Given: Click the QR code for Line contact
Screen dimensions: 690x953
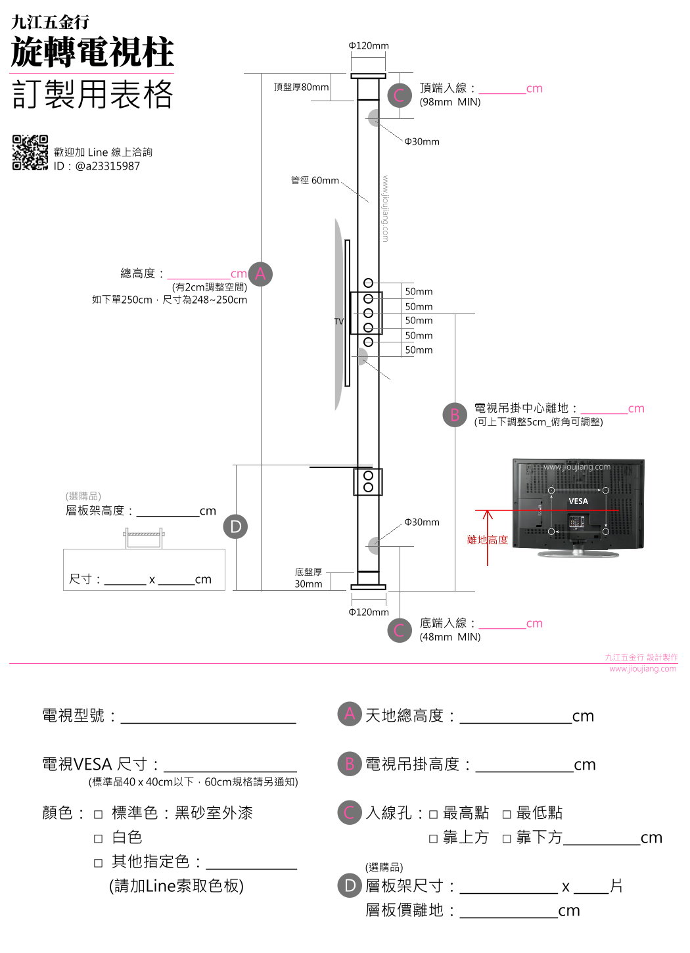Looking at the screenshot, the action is (x=30, y=152).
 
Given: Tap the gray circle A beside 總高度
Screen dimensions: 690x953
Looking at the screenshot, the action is (x=260, y=274).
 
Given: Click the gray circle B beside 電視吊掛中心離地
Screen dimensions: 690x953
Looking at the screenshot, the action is (x=455, y=415).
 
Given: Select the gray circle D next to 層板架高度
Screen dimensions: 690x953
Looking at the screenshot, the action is (x=235, y=526).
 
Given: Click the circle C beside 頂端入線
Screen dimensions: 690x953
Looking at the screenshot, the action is (x=400, y=95).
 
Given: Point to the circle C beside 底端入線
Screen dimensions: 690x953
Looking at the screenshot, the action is (x=400, y=630).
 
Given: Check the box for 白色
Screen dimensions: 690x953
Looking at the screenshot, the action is (x=98, y=839).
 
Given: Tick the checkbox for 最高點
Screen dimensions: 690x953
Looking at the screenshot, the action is (x=433, y=814).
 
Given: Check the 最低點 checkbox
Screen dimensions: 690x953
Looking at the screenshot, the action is (x=506, y=814).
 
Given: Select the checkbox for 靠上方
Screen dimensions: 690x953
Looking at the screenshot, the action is (x=433, y=839).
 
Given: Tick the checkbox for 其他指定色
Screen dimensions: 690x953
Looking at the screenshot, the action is (x=98, y=863).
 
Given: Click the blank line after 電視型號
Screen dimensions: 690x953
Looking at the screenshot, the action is (x=208, y=723).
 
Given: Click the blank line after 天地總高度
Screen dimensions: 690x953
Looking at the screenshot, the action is (x=516, y=723).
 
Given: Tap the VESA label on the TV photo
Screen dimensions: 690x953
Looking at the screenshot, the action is (x=578, y=501).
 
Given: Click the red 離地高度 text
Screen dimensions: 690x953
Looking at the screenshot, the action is (x=488, y=540).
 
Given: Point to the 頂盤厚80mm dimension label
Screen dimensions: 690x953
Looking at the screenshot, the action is (x=301, y=87).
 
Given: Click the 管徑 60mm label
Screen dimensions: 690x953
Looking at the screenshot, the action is (x=315, y=180).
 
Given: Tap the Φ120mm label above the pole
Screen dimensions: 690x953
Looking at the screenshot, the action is (x=369, y=45).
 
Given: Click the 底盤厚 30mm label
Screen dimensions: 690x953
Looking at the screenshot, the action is (x=308, y=578).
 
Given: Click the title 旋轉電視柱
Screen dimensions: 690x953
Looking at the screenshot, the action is (x=92, y=52).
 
